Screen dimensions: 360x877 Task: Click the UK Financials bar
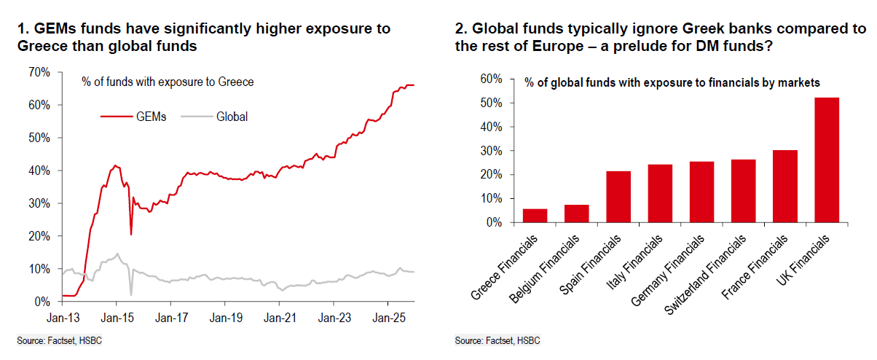click(x=827, y=160)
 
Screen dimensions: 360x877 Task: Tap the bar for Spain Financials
click(x=618, y=196)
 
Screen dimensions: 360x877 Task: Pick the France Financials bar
click(x=785, y=186)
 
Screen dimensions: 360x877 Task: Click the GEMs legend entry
click(x=134, y=116)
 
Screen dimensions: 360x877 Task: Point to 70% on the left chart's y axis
click(x=39, y=72)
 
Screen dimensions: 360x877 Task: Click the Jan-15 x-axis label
click(x=115, y=318)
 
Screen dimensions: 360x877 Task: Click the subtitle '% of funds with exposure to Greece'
click(x=168, y=82)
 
